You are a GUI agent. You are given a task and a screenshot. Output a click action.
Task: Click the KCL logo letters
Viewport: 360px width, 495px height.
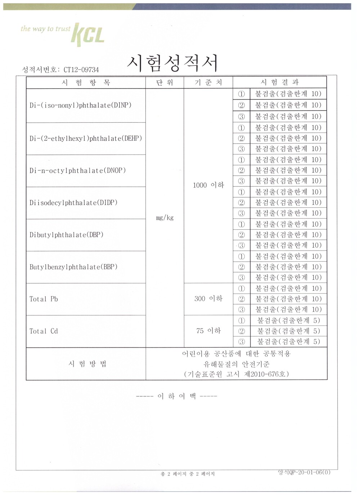89,35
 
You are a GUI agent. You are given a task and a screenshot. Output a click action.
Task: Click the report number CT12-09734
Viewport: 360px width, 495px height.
81,70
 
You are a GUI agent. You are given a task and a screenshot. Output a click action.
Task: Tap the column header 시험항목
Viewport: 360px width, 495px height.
86,83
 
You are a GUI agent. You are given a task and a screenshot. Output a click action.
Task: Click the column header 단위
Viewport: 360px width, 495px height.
165,83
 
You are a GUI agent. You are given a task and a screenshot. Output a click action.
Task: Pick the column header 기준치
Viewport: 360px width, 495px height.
208,83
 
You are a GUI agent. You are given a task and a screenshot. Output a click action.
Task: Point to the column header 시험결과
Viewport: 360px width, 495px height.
280,82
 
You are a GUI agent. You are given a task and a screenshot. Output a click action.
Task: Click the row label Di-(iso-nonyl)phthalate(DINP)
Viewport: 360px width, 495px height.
80,105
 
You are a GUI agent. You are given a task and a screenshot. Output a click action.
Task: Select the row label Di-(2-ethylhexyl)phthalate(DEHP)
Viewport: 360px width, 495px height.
86,138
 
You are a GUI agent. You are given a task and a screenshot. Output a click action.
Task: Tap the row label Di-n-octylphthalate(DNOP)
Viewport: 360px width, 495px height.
78,170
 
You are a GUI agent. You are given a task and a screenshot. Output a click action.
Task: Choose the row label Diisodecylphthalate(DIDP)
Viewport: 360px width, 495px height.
73,203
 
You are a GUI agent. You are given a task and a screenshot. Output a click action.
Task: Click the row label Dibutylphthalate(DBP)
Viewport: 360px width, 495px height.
67,235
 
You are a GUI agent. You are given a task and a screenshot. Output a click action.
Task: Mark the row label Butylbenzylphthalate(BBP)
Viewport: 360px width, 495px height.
73,267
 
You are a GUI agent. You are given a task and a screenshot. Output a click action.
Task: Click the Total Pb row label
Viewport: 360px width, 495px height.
44,299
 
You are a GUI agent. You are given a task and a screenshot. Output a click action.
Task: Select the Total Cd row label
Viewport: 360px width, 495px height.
44,331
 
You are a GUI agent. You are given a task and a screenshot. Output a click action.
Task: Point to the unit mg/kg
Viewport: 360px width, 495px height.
165,218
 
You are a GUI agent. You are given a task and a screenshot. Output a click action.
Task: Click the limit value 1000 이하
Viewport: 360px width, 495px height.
208,185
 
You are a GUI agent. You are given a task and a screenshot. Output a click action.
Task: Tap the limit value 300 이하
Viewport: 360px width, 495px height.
208,299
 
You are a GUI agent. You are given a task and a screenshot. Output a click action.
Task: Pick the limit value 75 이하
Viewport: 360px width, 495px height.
208,331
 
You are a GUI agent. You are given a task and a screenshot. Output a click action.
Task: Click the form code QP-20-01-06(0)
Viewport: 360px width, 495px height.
304,472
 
